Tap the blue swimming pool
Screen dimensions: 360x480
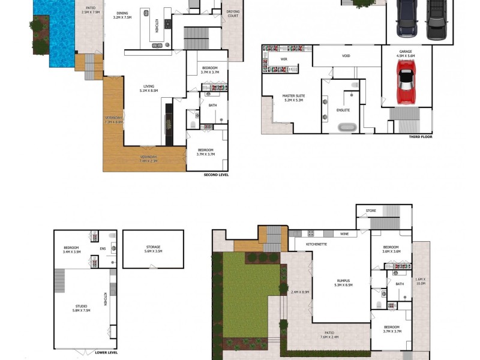point(60,36)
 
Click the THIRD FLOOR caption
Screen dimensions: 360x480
point(421,137)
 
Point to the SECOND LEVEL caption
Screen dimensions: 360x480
point(216,175)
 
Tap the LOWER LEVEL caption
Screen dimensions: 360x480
point(106,352)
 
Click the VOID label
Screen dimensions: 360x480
point(346,56)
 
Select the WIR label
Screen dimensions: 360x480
point(285,59)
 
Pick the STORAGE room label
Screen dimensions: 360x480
point(153,248)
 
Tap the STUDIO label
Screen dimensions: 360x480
point(81,308)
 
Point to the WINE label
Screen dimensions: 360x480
point(344,233)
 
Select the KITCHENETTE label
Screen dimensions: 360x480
point(316,245)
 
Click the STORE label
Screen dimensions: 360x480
point(370,211)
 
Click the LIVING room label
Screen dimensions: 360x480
point(148,88)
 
